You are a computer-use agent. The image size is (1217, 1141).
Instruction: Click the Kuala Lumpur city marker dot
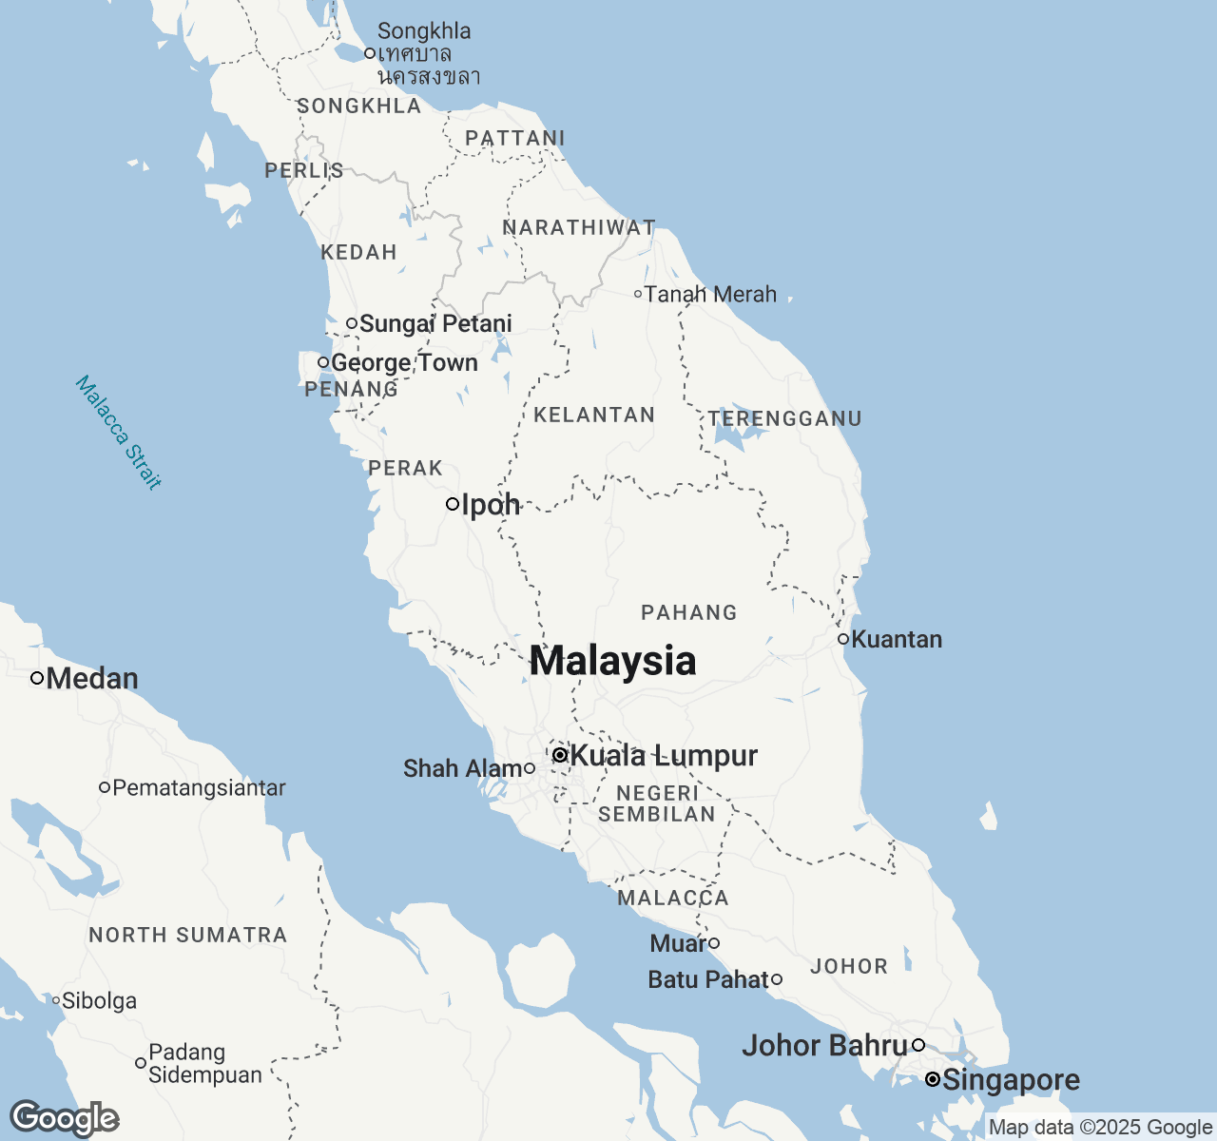click(x=560, y=755)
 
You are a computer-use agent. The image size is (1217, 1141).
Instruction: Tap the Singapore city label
click(x=1012, y=1080)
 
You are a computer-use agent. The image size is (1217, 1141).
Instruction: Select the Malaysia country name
click(x=612, y=661)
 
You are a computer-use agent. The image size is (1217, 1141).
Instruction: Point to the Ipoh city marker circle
click(x=453, y=504)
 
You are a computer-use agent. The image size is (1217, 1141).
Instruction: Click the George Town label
click(x=404, y=363)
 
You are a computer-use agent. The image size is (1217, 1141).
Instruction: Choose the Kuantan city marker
click(x=843, y=639)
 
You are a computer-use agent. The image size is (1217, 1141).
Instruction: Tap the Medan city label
click(x=92, y=679)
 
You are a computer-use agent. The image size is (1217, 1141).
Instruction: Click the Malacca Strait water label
click(x=119, y=433)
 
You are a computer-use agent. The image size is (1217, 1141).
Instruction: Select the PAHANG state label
click(x=689, y=613)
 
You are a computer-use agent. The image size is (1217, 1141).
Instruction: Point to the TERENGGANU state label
click(x=784, y=419)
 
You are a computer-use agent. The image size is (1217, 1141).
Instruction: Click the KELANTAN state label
click(x=594, y=416)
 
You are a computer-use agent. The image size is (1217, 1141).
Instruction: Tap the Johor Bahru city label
click(x=824, y=1046)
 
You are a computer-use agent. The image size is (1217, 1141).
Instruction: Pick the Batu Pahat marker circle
click(x=777, y=979)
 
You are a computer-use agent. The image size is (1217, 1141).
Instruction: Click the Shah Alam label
click(x=462, y=768)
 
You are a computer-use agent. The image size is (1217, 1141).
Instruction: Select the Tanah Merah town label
click(x=710, y=295)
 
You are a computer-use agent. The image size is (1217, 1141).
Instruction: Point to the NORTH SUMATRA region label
click(x=188, y=936)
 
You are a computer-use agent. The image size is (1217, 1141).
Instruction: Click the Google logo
click(x=64, y=1118)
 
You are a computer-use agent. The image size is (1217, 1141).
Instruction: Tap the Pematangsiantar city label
click(x=199, y=788)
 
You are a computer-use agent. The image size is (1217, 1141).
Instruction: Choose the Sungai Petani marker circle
click(x=352, y=323)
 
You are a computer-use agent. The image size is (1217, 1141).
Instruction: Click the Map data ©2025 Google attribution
click(x=1100, y=1128)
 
